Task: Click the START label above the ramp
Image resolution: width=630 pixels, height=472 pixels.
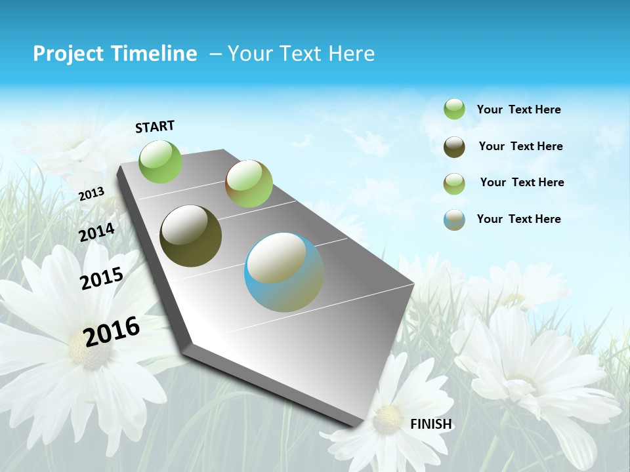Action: point(155,127)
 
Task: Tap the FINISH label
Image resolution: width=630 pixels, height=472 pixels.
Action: point(431,424)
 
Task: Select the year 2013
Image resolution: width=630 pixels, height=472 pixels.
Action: point(91,193)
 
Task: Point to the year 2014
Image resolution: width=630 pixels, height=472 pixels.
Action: point(97,233)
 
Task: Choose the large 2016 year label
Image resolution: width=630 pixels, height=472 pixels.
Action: point(112,331)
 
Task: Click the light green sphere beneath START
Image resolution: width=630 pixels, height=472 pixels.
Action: point(161,161)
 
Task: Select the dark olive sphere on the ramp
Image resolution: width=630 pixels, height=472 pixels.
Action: point(191,236)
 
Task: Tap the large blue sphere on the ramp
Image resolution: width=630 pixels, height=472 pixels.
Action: point(284,272)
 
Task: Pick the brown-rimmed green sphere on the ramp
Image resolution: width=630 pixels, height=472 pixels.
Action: point(249,184)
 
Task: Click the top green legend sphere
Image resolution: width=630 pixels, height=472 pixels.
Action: point(454,109)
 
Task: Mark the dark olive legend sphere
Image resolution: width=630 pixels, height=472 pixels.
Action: point(454,147)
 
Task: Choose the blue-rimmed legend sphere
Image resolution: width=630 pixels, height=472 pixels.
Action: point(454,220)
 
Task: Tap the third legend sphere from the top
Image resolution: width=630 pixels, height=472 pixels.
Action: point(454,184)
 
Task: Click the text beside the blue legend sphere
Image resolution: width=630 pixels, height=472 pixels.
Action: point(518,219)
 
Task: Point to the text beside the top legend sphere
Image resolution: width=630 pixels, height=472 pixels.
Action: point(518,109)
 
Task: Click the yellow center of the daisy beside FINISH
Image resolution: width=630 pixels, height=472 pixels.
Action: point(388,414)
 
